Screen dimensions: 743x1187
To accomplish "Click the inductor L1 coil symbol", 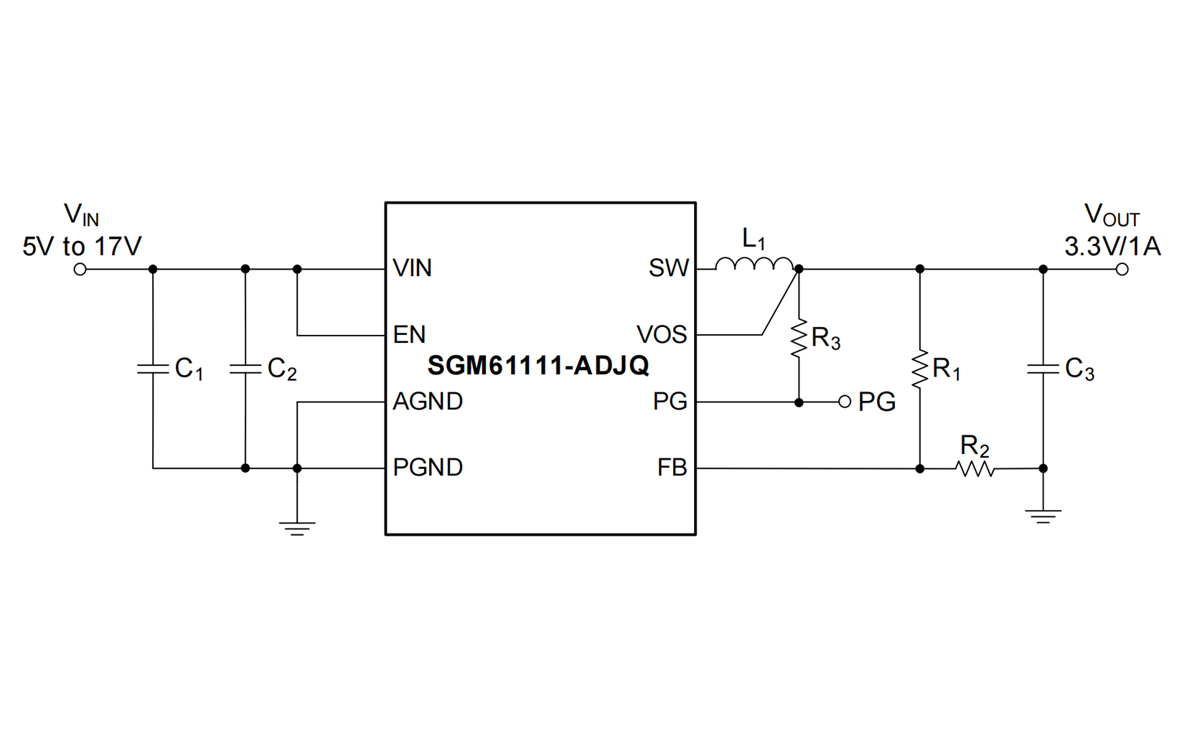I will (754, 266).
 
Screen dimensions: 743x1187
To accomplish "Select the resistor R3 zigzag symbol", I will (799, 339).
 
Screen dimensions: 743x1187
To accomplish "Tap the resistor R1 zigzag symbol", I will (919, 369).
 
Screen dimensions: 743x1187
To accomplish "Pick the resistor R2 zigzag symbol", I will (975, 469).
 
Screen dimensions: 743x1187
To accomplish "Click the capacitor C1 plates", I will (153, 369).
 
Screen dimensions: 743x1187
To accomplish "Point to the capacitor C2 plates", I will (245, 369).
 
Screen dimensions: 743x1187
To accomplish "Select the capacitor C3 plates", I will (1043, 369).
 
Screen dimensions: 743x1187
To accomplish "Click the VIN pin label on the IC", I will (413, 269).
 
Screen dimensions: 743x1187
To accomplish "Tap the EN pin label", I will (409, 335).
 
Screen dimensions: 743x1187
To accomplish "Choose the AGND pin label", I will (428, 402).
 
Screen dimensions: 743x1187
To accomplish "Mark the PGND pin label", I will (428, 468).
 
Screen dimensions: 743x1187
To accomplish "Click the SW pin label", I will (668, 269).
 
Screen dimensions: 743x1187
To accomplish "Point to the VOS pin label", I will (662, 335).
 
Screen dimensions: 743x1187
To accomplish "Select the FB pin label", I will (672, 468).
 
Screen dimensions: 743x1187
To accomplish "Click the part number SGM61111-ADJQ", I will (538, 366).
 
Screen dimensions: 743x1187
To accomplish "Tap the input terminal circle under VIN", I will (80, 270).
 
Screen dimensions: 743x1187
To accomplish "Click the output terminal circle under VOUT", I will (1122, 270).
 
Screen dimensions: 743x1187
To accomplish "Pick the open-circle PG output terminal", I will (845, 402).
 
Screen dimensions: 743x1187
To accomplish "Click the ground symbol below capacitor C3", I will (1043, 516).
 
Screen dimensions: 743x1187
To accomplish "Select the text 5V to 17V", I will (82, 247).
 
